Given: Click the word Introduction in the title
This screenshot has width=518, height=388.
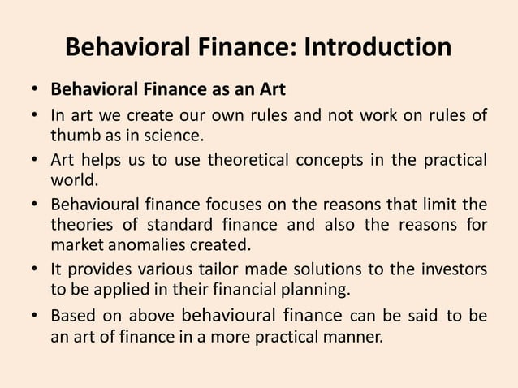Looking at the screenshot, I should [x=378, y=46].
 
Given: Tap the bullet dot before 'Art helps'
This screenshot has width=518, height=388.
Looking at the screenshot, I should [x=37, y=158].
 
